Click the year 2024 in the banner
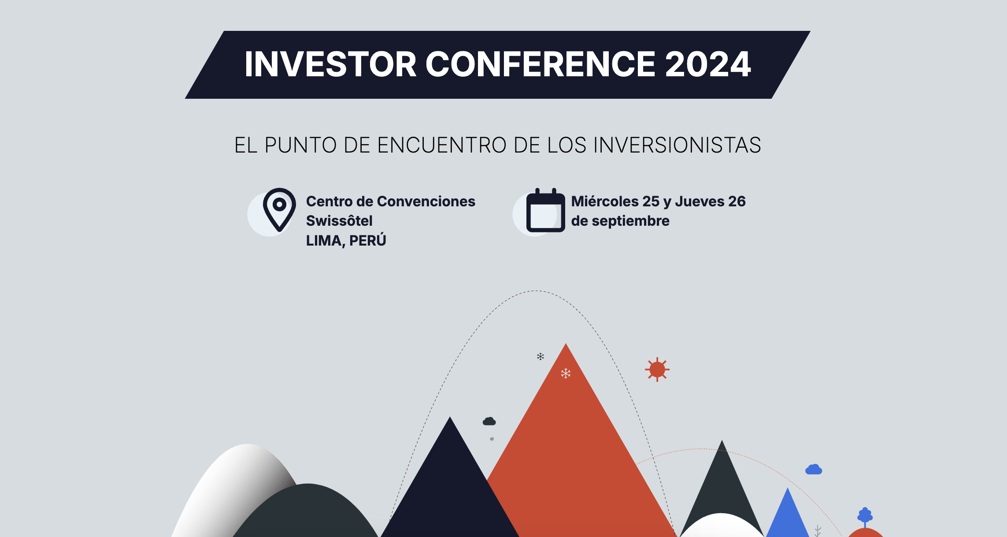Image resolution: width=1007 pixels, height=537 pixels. click(x=708, y=64)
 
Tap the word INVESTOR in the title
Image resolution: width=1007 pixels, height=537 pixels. click(x=330, y=64)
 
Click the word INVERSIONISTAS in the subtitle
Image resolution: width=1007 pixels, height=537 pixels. click(x=677, y=145)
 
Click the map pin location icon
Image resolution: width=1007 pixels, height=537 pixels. click(x=279, y=210)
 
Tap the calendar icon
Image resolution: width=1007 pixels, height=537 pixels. click(x=545, y=210)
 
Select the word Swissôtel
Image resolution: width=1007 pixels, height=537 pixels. click(x=339, y=220)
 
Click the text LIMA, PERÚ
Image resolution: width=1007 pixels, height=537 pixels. click(x=346, y=240)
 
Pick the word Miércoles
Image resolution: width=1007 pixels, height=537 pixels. click(x=605, y=201)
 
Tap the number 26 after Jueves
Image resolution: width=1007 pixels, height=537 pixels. click(x=737, y=201)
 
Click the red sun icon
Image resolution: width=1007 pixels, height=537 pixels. click(x=657, y=369)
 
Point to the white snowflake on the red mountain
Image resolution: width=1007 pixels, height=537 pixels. click(x=566, y=373)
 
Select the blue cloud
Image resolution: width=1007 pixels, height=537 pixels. click(x=814, y=469)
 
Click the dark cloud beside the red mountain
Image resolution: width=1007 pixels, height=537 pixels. click(x=489, y=421)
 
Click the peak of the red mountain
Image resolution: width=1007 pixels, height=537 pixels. click(x=566, y=344)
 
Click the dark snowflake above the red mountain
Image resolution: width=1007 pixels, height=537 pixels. click(x=541, y=356)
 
